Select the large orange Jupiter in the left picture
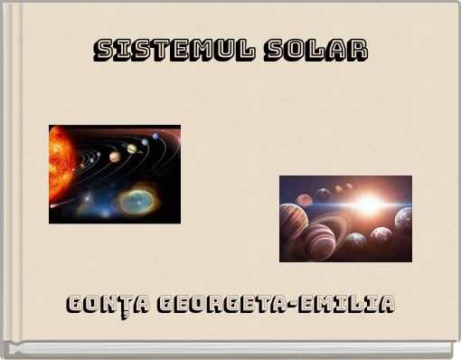(x=115, y=156)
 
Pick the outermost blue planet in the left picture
(x=155, y=137)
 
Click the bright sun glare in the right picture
(x=366, y=204)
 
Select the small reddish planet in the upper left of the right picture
(x=306, y=199)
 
